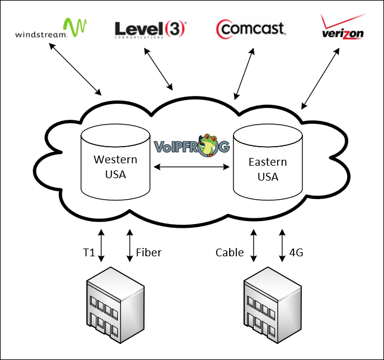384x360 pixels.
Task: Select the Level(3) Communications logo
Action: tap(149, 29)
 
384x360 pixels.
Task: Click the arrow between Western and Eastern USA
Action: tap(192, 168)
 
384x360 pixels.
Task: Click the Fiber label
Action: tap(148, 252)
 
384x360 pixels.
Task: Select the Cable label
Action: tap(230, 252)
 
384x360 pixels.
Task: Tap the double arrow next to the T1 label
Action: tap(102, 244)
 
